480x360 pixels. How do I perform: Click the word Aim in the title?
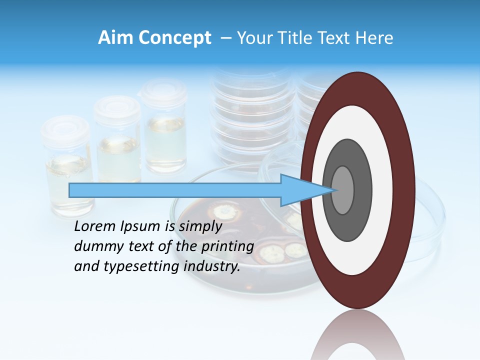(115, 38)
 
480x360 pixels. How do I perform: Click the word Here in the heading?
(375, 38)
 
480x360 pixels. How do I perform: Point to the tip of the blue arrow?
(331, 190)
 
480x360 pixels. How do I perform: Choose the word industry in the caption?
(212, 266)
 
